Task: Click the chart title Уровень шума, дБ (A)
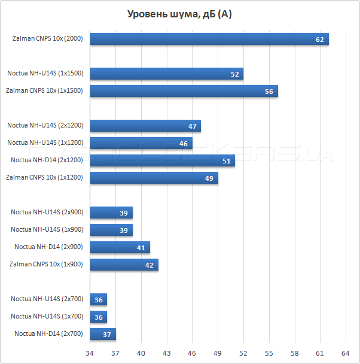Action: tap(179, 14)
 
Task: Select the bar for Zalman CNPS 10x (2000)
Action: tap(209, 39)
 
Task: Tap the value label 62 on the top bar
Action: tap(320, 40)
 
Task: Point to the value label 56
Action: tap(269, 92)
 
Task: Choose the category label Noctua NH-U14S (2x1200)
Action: tap(45, 126)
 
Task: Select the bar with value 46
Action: tap(141, 143)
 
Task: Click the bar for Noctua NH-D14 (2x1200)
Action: tap(162, 160)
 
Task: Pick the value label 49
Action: tap(209, 178)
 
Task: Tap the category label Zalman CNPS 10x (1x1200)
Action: tap(44, 178)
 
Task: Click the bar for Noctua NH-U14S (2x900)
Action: tap(111, 213)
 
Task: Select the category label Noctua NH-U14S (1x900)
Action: tap(47, 229)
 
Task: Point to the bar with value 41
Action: tap(120, 247)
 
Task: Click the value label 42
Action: tap(150, 265)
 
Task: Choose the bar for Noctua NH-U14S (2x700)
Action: tap(98, 299)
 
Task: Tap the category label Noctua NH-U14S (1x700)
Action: tap(47, 316)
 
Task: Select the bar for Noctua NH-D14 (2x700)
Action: tap(102, 334)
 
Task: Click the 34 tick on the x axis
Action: tap(90, 353)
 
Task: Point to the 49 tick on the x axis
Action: tap(218, 353)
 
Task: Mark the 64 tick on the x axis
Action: tap(345, 353)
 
